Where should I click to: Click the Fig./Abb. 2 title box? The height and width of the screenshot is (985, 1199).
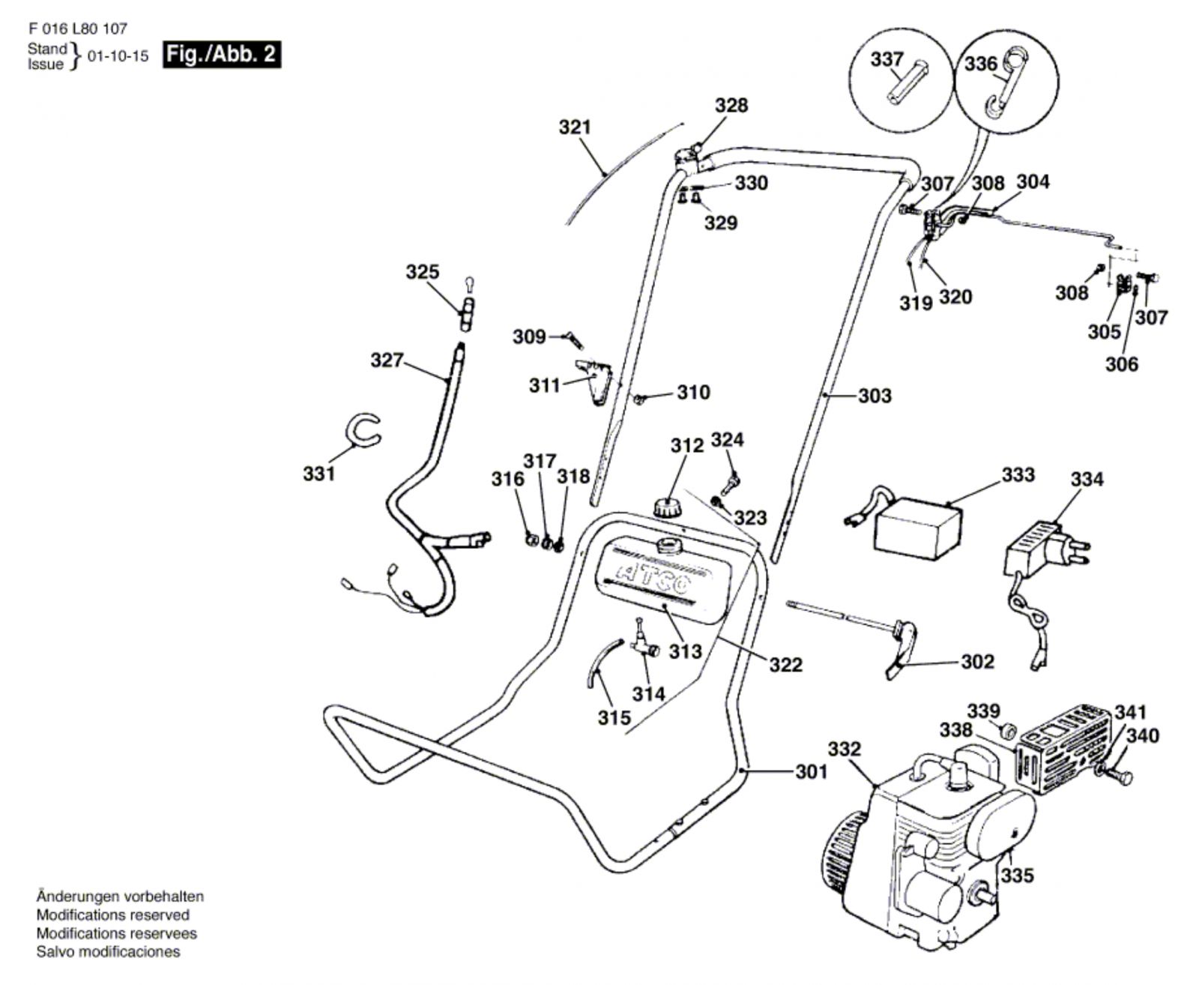pyautogui.click(x=222, y=55)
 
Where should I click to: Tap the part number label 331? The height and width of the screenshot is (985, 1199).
pyautogui.click(x=319, y=474)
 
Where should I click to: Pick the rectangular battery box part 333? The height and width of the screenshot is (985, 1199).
pyautogui.click(x=918, y=528)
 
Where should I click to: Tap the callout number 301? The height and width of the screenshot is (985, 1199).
pyautogui.click(x=812, y=771)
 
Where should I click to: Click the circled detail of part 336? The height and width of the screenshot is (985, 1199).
pyautogui.click(x=1006, y=82)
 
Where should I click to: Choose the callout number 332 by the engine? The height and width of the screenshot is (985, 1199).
pyautogui.click(x=845, y=749)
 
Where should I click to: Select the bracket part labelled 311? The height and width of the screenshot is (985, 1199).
pyautogui.click(x=596, y=379)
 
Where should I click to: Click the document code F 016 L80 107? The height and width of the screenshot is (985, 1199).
pyautogui.click(x=78, y=29)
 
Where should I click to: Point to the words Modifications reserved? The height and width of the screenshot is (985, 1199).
pyautogui.click(x=112, y=915)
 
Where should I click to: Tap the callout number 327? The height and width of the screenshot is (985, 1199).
pyautogui.click(x=387, y=361)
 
